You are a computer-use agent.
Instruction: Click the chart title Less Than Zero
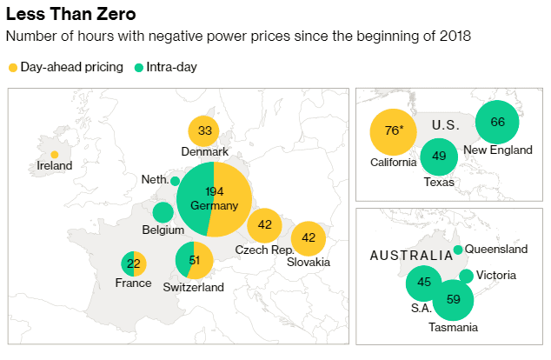(x=70, y=16)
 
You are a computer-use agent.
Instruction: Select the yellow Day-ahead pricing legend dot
(x=12, y=67)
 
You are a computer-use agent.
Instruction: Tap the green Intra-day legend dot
(x=140, y=67)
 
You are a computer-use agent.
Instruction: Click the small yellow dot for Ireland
(x=55, y=154)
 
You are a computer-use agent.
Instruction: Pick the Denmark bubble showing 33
(x=204, y=131)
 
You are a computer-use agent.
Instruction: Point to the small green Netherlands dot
(x=175, y=181)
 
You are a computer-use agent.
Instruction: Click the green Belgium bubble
(x=163, y=212)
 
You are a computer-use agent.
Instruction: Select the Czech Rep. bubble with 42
(x=264, y=225)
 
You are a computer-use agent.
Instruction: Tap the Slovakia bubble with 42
(x=308, y=237)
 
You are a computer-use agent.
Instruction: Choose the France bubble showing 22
(x=133, y=263)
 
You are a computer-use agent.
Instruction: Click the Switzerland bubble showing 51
(x=194, y=260)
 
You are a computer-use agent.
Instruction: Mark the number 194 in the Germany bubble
(x=214, y=191)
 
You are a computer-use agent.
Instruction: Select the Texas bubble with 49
(x=439, y=157)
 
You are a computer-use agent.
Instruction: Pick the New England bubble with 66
(x=497, y=123)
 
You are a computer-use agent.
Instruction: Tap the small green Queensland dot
(x=458, y=250)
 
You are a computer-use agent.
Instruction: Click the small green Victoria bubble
(x=466, y=277)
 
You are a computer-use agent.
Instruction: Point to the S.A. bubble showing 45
(x=425, y=283)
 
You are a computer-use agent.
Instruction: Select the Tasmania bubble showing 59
(x=453, y=300)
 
